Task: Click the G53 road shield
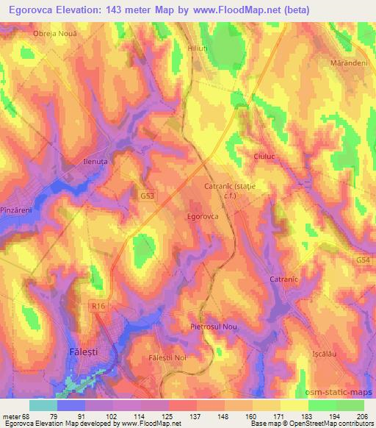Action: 148,197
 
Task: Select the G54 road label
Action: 364,260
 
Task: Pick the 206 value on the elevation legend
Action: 362,418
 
